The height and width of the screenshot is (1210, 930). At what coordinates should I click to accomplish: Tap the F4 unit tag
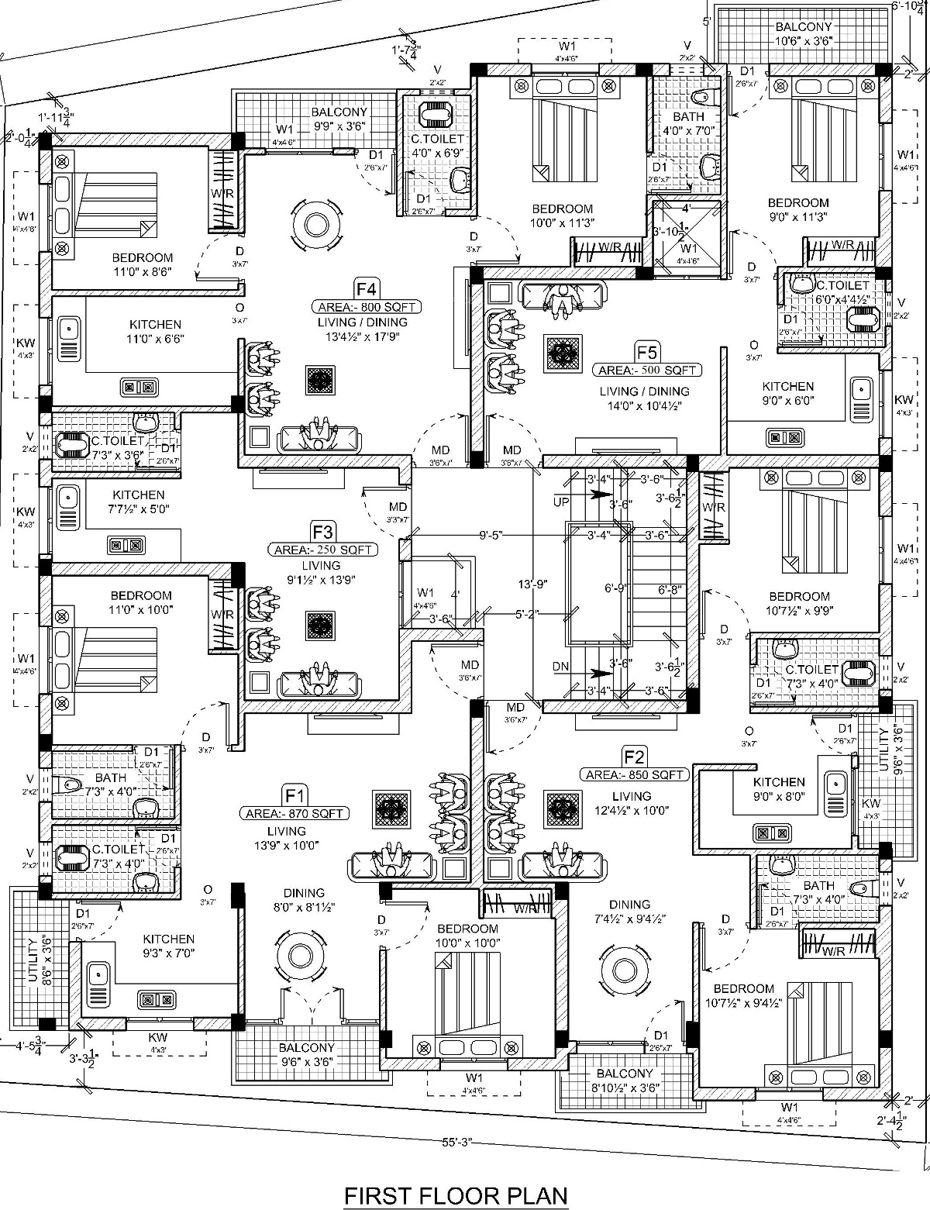pyautogui.click(x=367, y=290)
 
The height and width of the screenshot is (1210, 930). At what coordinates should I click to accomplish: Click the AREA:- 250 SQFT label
pyautogui.click(x=323, y=550)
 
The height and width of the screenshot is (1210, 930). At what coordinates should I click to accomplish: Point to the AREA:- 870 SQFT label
pyautogui.click(x=294, y=813)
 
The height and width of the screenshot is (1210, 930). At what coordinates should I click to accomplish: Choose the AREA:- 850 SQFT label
pyautogui.click(x=635, y=774)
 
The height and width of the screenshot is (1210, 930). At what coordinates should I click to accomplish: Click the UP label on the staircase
pyautogui.click(x=561, y=502)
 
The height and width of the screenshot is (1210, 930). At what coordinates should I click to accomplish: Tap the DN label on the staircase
pyautogui.click(x=561, y=666)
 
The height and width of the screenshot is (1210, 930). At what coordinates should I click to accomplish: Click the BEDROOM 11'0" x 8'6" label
pyautogui.click(x=142, y=264)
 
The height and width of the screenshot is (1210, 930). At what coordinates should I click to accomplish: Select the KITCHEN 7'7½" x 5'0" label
pyautogui.click(x=139, y=502)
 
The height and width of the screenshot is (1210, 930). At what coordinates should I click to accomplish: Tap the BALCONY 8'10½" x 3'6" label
pyautogui.click(x=625, y=1081)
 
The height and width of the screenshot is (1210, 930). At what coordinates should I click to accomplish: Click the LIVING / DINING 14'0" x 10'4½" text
pyautogui.click(x=644, y=398)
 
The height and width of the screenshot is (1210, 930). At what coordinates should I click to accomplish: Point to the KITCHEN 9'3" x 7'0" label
pyautogui.click(x=168, y=946)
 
